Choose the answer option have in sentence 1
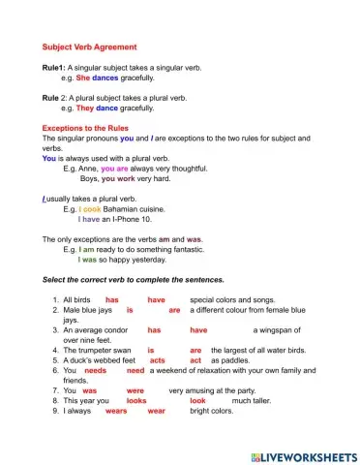click(x=156, y=300)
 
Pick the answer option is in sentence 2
click(x=130, y=310)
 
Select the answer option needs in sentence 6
click(x=96, y=370)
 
